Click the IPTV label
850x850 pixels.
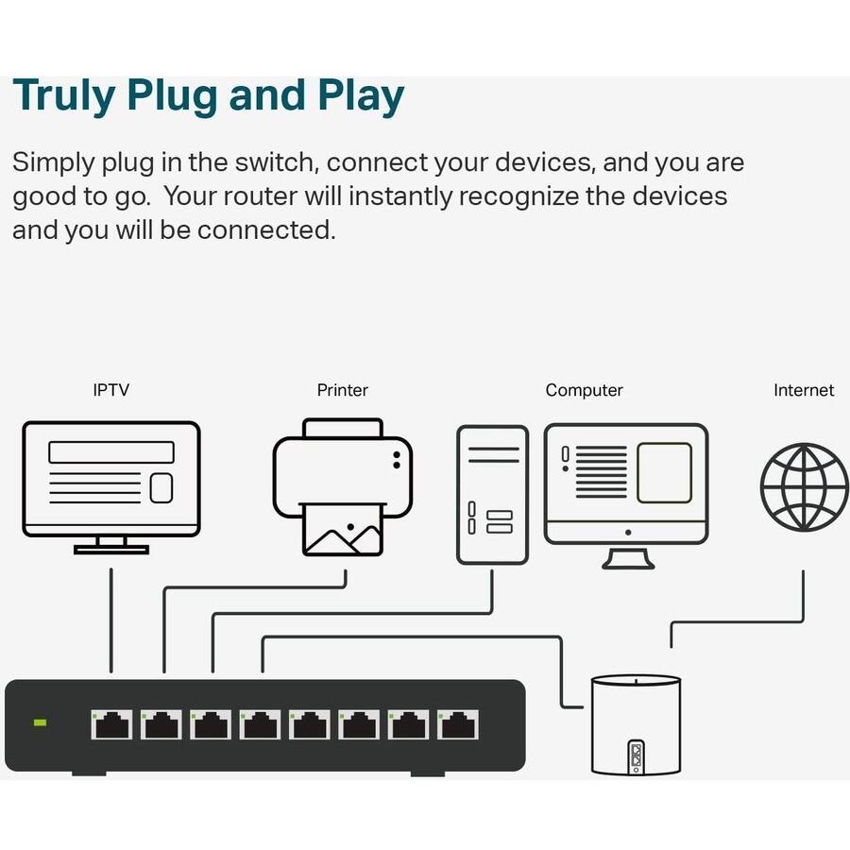coord(110,390)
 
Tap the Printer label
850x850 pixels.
coord(342,390)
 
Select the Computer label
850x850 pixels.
coord(584,390)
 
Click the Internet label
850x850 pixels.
coord(803,390)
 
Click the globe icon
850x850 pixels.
coord(805,487)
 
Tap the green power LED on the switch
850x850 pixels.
coord(41,722)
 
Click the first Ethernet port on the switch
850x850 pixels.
coord(111,725)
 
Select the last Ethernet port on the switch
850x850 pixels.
coord(457,725)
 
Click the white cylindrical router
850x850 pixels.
coord(635,722)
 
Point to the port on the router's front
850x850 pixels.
coord(637,755)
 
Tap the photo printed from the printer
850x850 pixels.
coord(342,534)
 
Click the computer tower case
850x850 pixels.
coord(492,495)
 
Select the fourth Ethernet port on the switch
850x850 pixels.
coord(259,725)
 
